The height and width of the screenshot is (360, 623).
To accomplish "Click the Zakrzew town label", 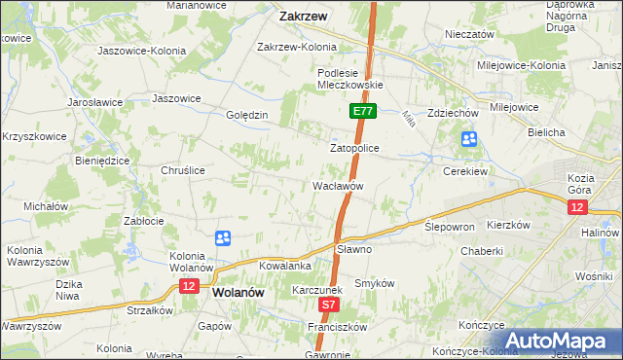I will [302, 16].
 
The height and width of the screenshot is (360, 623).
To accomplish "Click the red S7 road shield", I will [329, 306].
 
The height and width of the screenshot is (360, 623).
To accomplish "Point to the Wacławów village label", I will [338, 185].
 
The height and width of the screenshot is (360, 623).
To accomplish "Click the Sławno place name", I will [354, 249].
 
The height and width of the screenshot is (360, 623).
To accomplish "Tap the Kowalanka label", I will [284, 265].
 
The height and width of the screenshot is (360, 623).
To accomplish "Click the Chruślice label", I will [182, 169].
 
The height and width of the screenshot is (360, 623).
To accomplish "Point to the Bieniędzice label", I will [102, 159].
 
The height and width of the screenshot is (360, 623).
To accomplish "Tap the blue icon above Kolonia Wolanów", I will [223, 237].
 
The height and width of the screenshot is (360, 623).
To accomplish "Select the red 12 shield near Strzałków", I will [189, 286].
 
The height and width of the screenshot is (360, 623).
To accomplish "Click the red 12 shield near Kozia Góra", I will [578, 207].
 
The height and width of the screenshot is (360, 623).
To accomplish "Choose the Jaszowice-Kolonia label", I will [137, 49].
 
